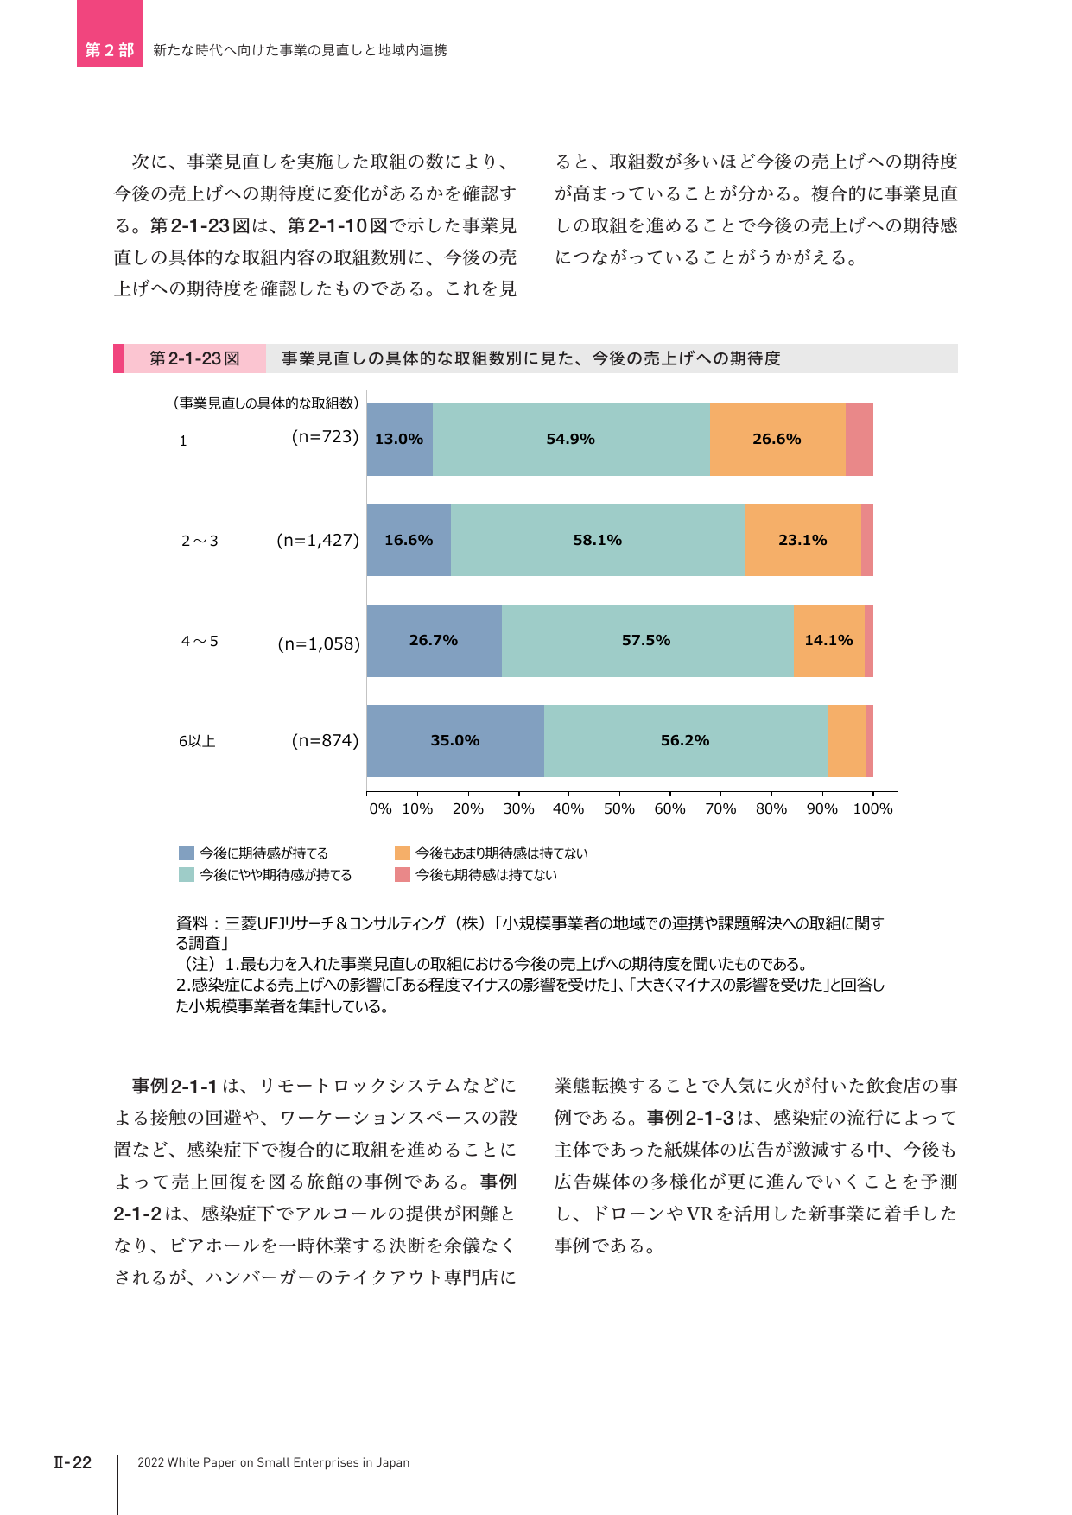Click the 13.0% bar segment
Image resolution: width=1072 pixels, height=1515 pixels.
click(x=400, y=440)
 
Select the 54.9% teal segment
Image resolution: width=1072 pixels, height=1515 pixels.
click(x=571, y=440)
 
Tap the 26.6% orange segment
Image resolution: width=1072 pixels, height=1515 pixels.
click(x=777, y=440)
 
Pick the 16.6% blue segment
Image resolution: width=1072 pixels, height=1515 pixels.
click(x=409, y=540)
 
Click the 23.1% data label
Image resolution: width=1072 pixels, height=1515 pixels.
click(x=802, y=540)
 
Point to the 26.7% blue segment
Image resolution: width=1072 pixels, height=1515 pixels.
click(x=435, y=641)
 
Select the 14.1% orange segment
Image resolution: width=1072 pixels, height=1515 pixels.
click(x=829, y=641)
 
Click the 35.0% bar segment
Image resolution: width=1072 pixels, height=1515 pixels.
click(x=455, y=741)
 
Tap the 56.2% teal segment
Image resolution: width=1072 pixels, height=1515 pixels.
click(x=686, y=741)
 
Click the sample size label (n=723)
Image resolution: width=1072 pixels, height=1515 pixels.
click(x=325, y=437)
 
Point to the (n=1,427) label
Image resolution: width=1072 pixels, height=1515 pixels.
click(x=318, y=541)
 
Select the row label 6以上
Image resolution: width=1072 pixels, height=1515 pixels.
click(x=197, y=741)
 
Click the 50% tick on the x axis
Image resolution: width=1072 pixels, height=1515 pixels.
click(x=619, y=808)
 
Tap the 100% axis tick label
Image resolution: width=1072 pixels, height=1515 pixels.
click(x=872, y=808)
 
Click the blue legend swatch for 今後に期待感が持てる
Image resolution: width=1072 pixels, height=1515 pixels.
click(x=187, y=853)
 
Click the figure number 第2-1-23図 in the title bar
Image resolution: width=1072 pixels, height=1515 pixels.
click(x=194, y=358)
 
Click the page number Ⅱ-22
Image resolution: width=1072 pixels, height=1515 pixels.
click(x=73, y=1462)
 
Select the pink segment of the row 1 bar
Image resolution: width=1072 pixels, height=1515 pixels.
click(x=860, y=440)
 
